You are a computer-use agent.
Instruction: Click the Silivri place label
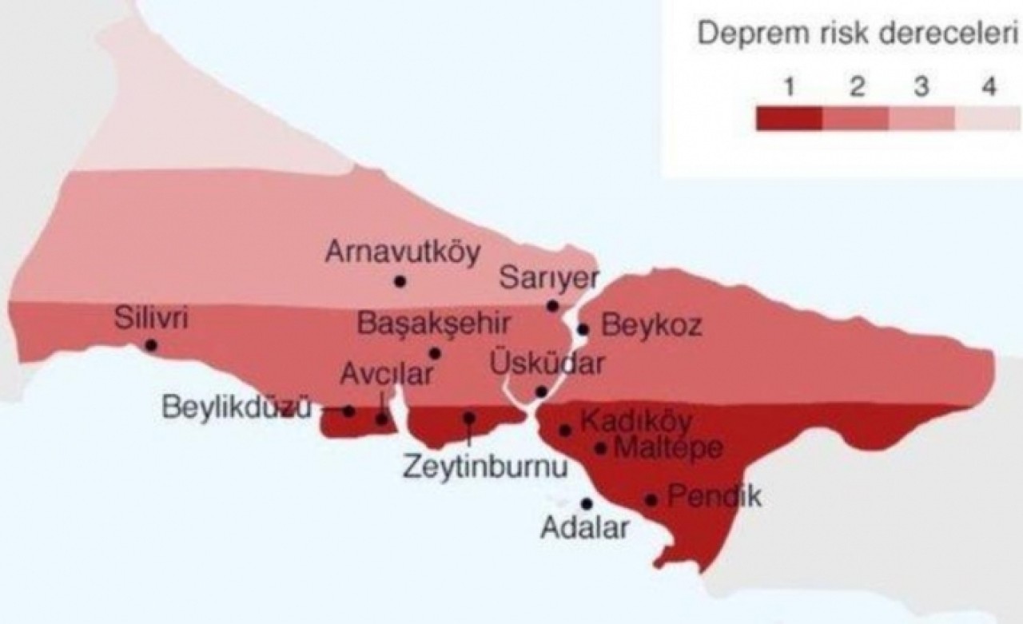click(x=150, y=319)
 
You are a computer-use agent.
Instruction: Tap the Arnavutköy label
click(x=404, y=252)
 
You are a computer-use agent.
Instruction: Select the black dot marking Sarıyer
click(x=552, y=306)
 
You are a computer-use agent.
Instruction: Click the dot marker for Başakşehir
click(x=435, y=353)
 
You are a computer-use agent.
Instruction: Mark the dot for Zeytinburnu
click(x=469, y=418)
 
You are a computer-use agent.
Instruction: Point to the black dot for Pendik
click(x=651, y=500)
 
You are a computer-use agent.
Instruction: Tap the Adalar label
click(x=584, y=527)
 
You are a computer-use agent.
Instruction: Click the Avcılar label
click(x=386, y=374)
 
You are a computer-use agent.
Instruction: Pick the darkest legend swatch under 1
click(x=789, y=117)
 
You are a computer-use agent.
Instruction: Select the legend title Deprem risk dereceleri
click(x=858, y=35)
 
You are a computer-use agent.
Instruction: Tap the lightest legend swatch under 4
click(x=989, y=117)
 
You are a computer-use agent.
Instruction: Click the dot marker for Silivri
click(x=150, y=345)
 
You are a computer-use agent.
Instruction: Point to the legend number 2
click(x=857, y=87)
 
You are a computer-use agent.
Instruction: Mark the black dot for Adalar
click(x=587, y=503)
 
